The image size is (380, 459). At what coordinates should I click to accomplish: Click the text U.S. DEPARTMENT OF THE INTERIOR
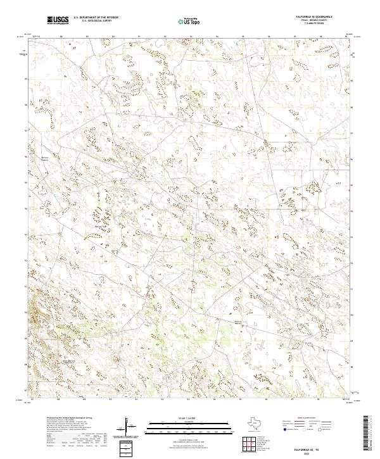[x=96, y=18]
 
